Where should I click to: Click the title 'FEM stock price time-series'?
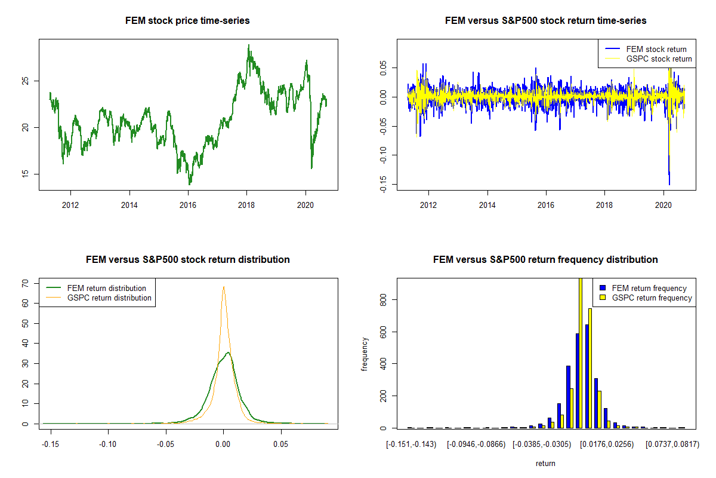point(187,21)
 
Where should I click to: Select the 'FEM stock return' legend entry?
point(656,49)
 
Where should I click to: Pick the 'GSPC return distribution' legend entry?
point(109,298)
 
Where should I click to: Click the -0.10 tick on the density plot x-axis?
point(108,445)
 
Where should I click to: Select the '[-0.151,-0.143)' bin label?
point(411,445)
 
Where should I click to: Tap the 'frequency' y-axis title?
point(365,354)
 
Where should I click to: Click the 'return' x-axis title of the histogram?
point(545,463)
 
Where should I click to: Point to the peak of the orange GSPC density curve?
point(224,287)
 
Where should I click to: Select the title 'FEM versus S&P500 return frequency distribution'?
point(545,260)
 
